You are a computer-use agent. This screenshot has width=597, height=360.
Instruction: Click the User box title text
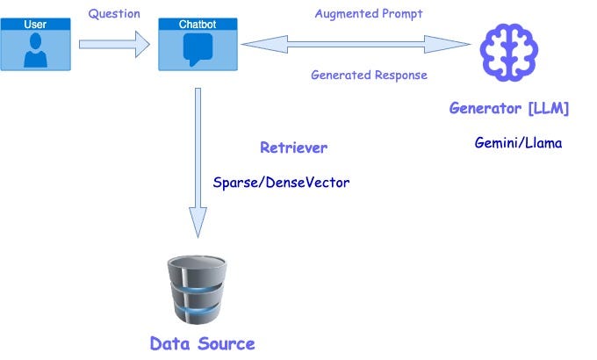pyautogui.click(x=35, y=25)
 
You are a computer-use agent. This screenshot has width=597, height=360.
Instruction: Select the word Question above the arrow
pyautogui.click(x=114, y=14)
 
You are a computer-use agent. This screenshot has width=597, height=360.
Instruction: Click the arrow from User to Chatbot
pyautogui.click(x=114, y=43)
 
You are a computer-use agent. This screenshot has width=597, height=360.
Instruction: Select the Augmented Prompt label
pyautogui.click(x=369, y=14)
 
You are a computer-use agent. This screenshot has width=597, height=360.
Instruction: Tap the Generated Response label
pyautogui.click(x=369, y=75)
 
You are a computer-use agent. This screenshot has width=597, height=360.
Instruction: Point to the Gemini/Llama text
pyautogui.click(x=518, y=142)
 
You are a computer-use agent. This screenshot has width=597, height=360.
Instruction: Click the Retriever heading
pyautogui.click(x=293, y=148)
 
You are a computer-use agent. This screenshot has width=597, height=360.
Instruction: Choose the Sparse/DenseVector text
pyautogui.click(x=281, y=183)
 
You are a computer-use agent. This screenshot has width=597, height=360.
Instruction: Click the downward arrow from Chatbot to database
pyautogui.click(x=198, y=158)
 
